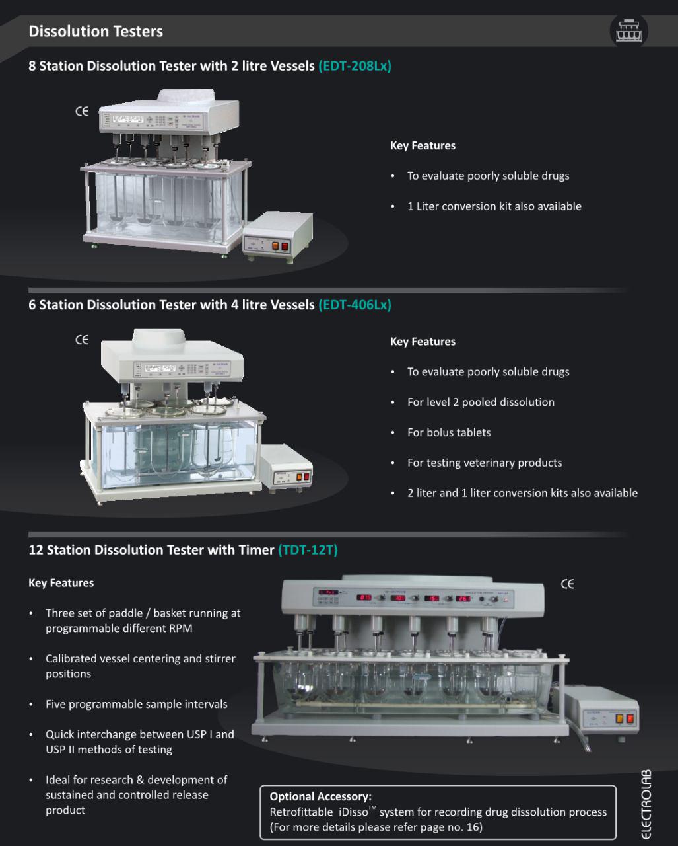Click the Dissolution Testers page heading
(x=96, y=32)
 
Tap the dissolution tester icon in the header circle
(x=628, y=30)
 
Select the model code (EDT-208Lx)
(x=355, y=66)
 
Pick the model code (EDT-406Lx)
(x=355, y=305)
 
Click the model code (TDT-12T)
(x=308, y=550)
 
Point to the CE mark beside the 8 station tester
(x=82, y=112)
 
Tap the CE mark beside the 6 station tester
(x=82, y=340)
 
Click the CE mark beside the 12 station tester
(x=567, y=584)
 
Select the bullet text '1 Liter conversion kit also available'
(x=494, y=206)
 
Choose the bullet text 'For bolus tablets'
(x=449, y=432)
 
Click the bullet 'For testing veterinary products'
(x=485, y=463)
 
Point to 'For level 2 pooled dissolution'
(x=481, y=402)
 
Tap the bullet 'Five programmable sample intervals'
(x=136, y=704)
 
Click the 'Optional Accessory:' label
(x=321, y=796)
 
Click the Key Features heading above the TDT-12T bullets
(x=61, y=582)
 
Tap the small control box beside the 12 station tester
(x=601, y=714)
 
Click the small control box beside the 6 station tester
(x=286, y=468)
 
